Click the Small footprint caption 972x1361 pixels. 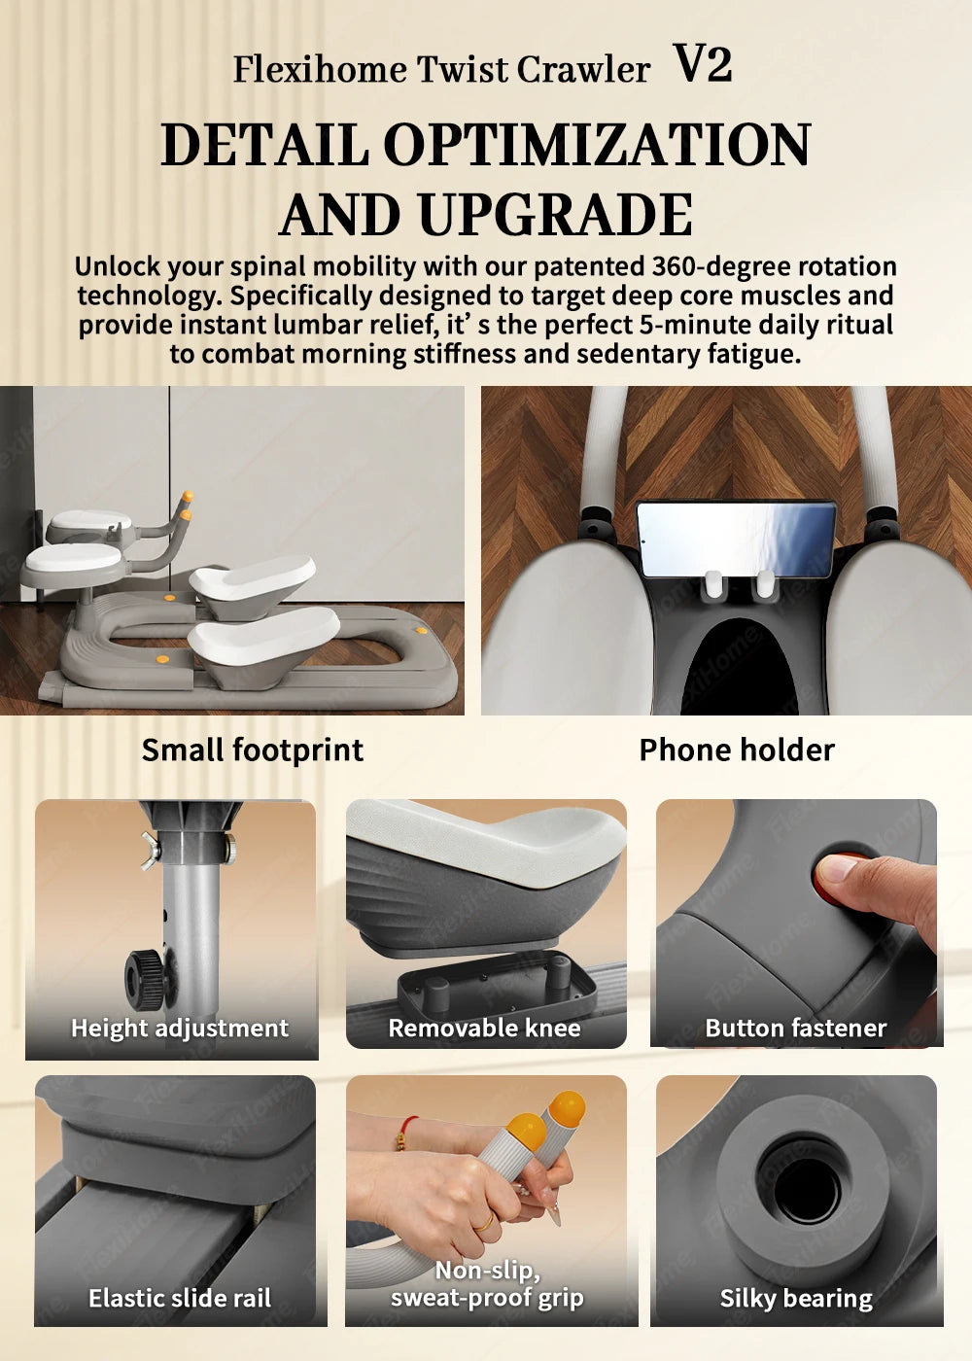[253, 750]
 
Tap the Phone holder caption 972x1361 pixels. [737, 750]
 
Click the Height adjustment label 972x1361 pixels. [180, 1029]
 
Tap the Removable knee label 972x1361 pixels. [484, 1029]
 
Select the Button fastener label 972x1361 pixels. [796, 1029]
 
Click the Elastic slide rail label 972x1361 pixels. [180, 1299]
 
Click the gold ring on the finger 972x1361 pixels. [484, 1222]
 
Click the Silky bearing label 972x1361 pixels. [796, 1299]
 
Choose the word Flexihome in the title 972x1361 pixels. [320, 69]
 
